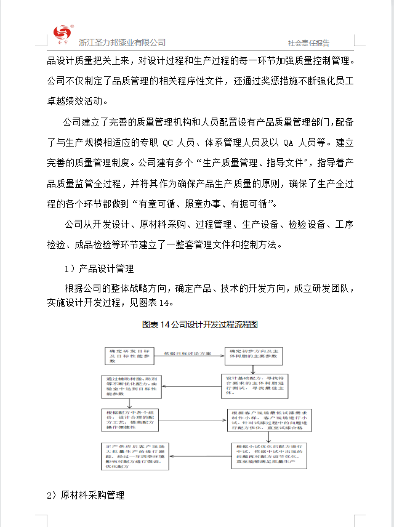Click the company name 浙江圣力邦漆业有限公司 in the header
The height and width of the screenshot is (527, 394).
tap(122, 42)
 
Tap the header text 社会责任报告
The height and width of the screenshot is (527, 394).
tap(308, 43)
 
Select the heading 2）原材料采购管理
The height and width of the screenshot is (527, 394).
tap(86, 495)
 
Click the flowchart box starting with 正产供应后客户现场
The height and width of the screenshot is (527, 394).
tap(134, 456)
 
